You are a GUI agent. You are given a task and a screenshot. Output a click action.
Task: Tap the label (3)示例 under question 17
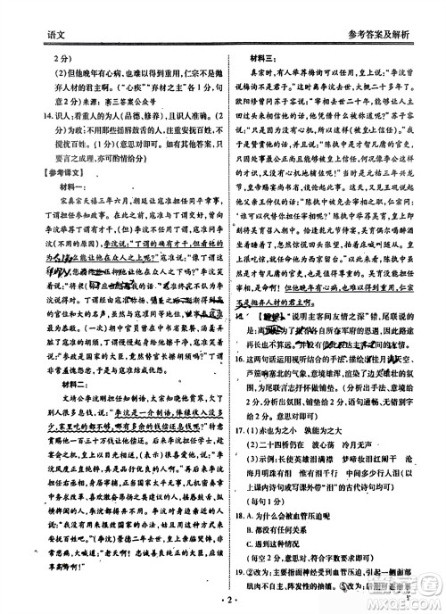click(253, 504)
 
